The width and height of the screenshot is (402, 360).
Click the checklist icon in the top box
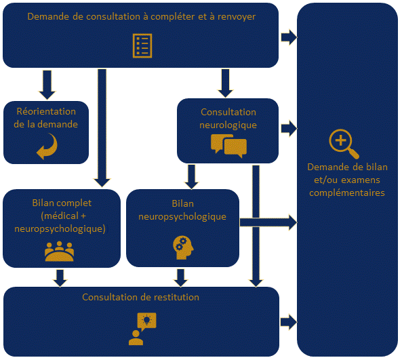141,45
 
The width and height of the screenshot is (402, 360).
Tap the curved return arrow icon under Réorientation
46,147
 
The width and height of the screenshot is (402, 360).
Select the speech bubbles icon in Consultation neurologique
228,145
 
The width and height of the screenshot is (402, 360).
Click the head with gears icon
182,247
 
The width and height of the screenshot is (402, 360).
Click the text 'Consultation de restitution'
141,297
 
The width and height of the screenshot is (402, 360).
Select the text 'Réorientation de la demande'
46,118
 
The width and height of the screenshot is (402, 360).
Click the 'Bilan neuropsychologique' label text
182,210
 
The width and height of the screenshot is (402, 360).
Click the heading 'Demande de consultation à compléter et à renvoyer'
141,16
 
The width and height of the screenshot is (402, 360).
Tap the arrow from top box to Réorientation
47,83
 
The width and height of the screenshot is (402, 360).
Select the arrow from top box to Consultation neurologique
226,83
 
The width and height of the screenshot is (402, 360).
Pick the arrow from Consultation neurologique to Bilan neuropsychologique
191,176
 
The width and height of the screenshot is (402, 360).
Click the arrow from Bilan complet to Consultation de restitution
60,277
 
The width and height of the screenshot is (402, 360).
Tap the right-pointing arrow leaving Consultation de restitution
289,321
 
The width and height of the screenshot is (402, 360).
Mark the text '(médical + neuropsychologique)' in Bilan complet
60,222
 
